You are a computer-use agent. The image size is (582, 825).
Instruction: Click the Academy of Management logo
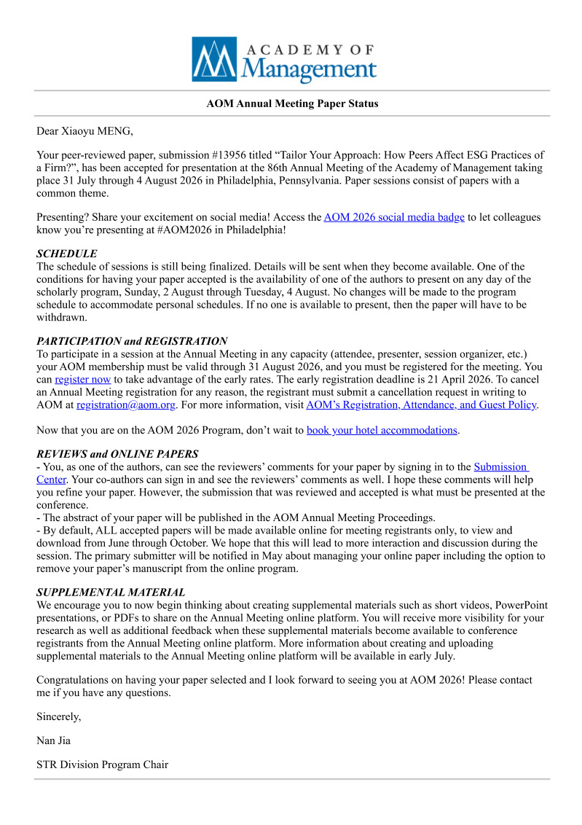284,60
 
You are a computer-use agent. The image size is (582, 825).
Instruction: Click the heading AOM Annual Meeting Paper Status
292,103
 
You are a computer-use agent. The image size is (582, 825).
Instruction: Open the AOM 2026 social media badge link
394,217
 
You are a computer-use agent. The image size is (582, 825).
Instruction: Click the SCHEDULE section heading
67,254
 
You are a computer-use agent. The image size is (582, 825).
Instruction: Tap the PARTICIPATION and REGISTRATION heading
132,341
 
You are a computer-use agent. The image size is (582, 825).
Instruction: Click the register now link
83,379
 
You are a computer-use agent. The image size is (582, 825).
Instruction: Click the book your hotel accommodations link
382,430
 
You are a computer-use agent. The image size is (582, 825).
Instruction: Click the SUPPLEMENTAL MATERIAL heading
111,593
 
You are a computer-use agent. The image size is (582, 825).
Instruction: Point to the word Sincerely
59,716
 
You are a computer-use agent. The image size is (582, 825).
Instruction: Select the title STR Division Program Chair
102,765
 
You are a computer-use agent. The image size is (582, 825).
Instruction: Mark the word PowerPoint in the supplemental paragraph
521,606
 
